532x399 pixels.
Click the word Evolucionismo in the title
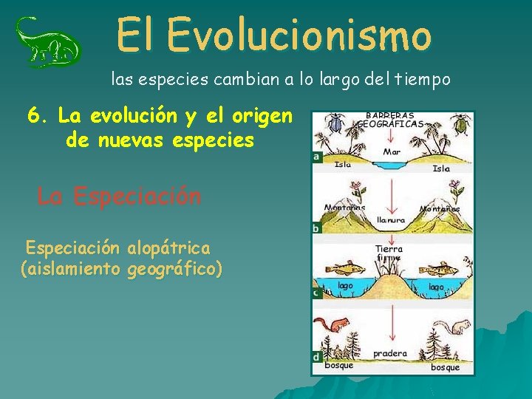coord(299,35)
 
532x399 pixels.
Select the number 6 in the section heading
coord(34,116)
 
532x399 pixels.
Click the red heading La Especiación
coord(119,197)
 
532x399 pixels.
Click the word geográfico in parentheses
coord(172,268)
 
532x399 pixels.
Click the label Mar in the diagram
coord(392,152)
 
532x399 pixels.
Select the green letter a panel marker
coord(317,157)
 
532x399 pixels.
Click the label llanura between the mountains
coord(391,220)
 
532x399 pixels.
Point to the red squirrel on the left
coord(331,325)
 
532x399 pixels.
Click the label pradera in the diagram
coord(390,354)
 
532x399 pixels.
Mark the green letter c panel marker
coord(317,293)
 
